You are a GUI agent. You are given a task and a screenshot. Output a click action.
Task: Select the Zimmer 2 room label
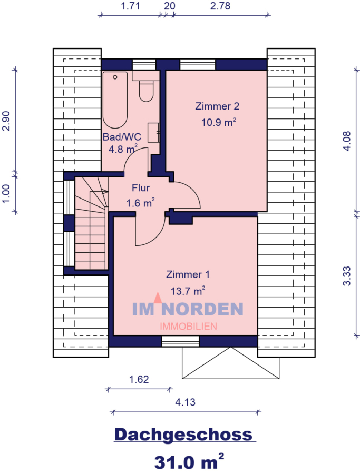point(217,106)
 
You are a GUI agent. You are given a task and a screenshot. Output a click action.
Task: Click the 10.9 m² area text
point(218,122)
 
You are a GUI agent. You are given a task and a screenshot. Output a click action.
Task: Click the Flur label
point(141,188)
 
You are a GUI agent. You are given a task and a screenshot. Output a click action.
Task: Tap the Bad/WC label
point(122,136)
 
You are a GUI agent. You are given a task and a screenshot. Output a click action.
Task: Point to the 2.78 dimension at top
point(221,6)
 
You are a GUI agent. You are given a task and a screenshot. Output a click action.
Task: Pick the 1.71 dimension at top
point(130,6)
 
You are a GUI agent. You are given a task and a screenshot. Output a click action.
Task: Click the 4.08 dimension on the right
point(346,141)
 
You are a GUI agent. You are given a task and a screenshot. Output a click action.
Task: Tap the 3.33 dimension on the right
point(346,276)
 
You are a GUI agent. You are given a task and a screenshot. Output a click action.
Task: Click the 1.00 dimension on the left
point(6,192)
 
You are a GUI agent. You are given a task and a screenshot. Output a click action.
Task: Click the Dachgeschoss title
point(183,434)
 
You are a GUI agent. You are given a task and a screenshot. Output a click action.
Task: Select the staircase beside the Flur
point(91,224)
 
